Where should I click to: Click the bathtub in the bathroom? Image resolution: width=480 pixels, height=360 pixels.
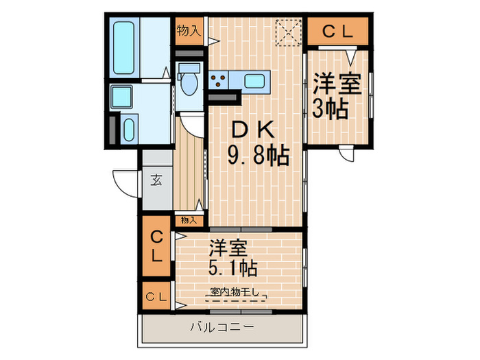point(126,47)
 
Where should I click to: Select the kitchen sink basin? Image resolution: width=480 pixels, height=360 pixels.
point(254,81)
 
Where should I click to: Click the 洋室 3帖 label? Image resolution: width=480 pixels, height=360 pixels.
point(337,97)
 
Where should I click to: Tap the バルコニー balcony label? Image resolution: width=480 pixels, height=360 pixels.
point(221,327)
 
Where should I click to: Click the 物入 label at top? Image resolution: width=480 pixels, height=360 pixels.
point(189,29)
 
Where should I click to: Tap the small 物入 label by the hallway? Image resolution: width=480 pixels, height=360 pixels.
point(189,220)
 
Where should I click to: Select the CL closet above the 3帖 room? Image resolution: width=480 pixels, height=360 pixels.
point(337,31)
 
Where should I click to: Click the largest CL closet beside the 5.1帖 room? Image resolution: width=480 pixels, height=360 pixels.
point(157,247)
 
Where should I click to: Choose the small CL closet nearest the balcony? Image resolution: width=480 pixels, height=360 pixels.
point(157,296)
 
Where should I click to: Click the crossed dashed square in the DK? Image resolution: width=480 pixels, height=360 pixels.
point(288,32)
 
